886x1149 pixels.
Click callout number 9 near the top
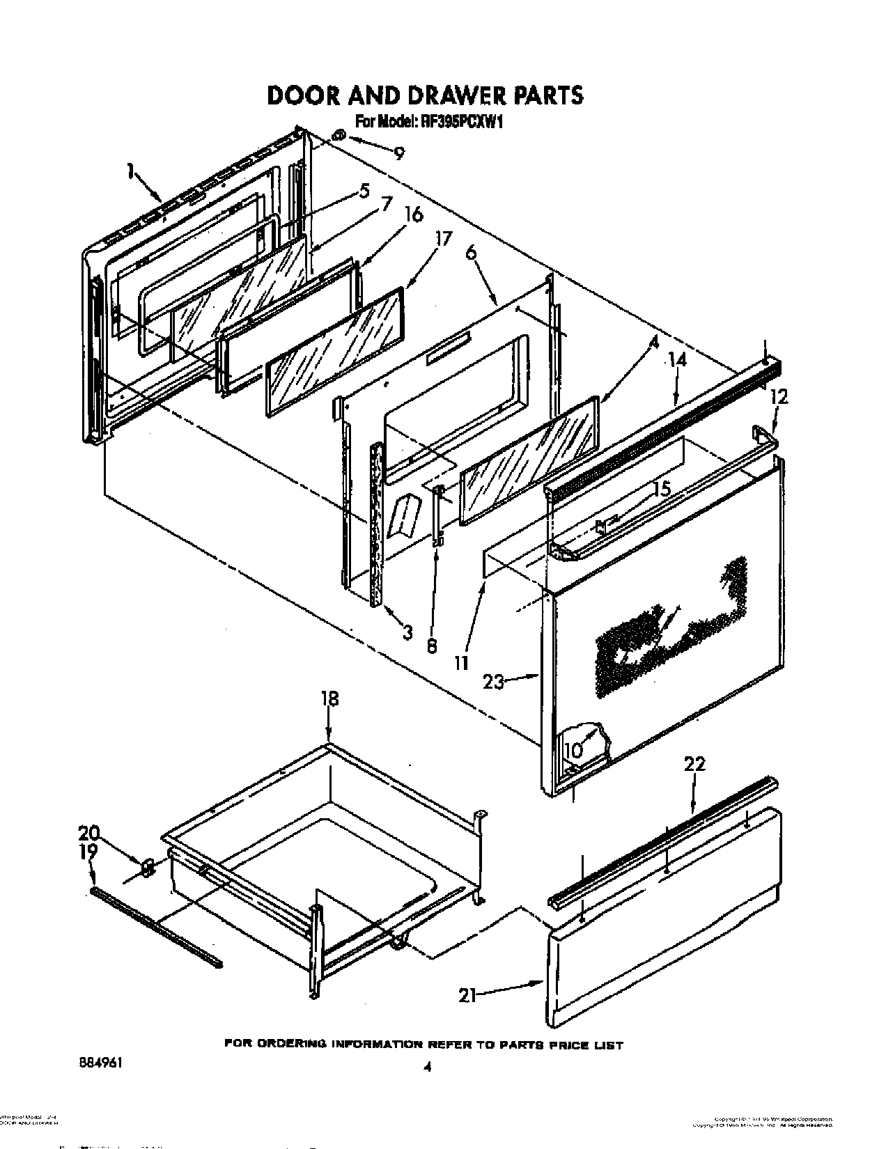398,154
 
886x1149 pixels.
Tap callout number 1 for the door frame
131,171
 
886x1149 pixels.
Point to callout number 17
443,239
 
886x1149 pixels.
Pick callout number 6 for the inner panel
472,254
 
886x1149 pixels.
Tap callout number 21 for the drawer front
467,996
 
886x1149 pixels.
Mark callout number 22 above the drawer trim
694,764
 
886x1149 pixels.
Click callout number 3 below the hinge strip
407,632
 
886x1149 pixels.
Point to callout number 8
432,646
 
